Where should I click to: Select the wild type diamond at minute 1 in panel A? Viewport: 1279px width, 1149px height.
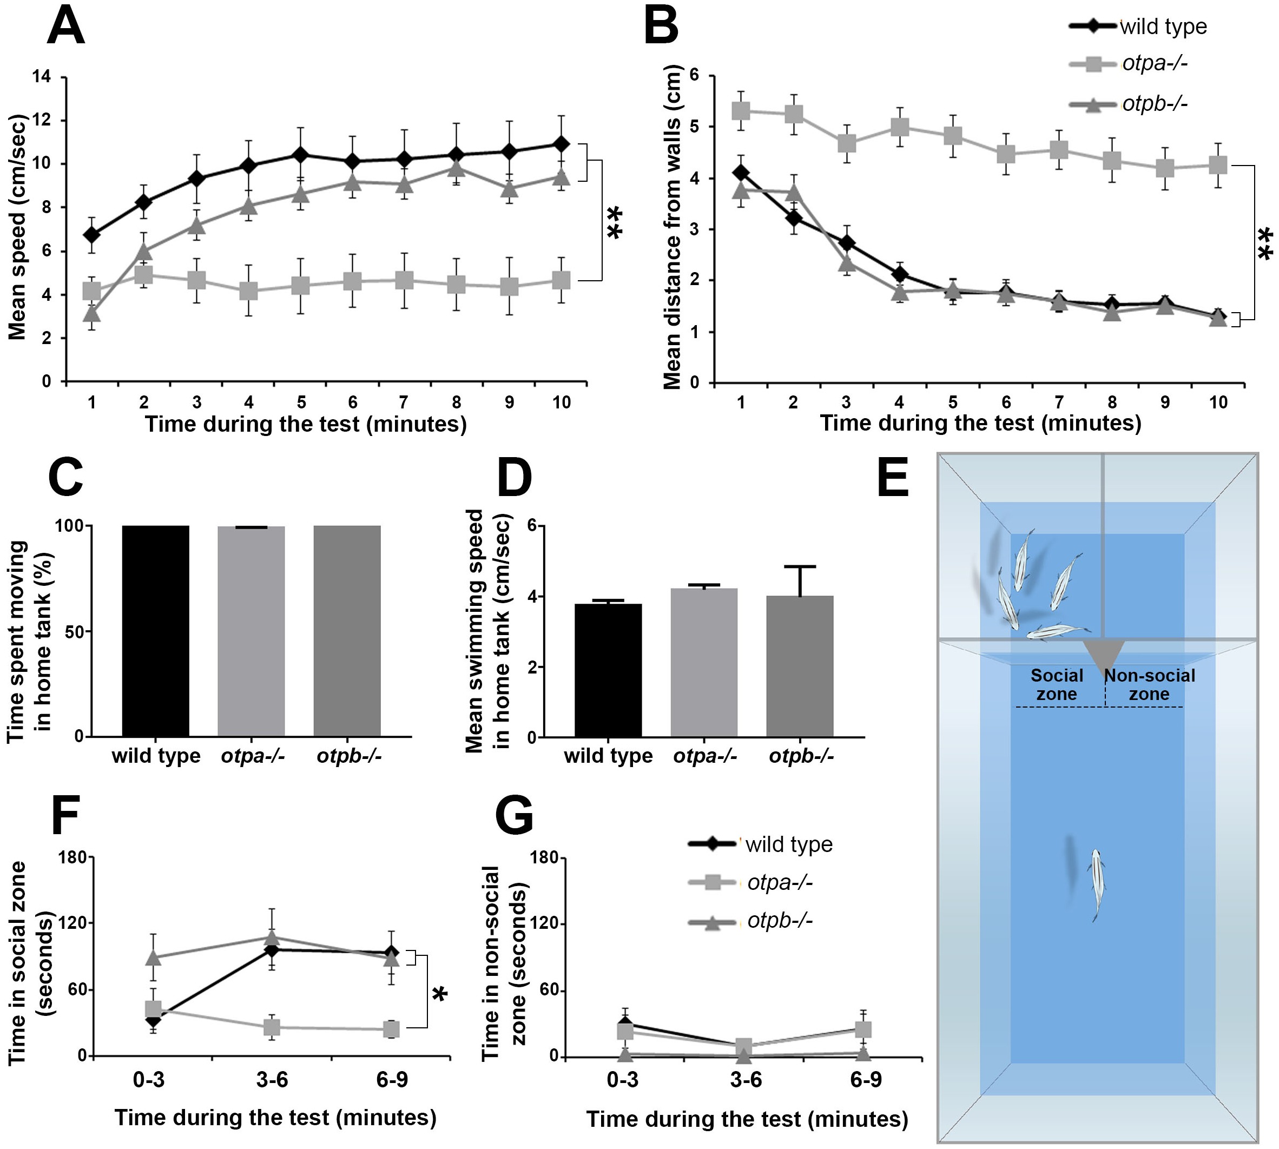point(92,235)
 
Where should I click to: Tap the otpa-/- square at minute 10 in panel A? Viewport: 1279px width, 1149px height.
point(561,280)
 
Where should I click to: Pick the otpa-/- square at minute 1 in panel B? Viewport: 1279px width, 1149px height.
point(741,111)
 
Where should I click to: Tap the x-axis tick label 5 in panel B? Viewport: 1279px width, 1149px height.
point(953,402)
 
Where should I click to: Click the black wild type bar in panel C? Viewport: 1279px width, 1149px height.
point(156,631)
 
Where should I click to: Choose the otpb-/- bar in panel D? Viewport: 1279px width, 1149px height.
point(800,666)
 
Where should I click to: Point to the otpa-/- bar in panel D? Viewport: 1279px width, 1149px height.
point(704,663)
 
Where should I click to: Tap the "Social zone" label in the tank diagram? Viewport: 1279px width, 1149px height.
point(1057,684)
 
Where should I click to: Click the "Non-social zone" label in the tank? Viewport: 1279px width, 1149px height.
point(1150,684)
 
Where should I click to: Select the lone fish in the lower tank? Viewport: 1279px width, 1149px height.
point(1098,885)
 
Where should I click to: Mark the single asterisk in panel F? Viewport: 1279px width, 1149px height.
point(440,995)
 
